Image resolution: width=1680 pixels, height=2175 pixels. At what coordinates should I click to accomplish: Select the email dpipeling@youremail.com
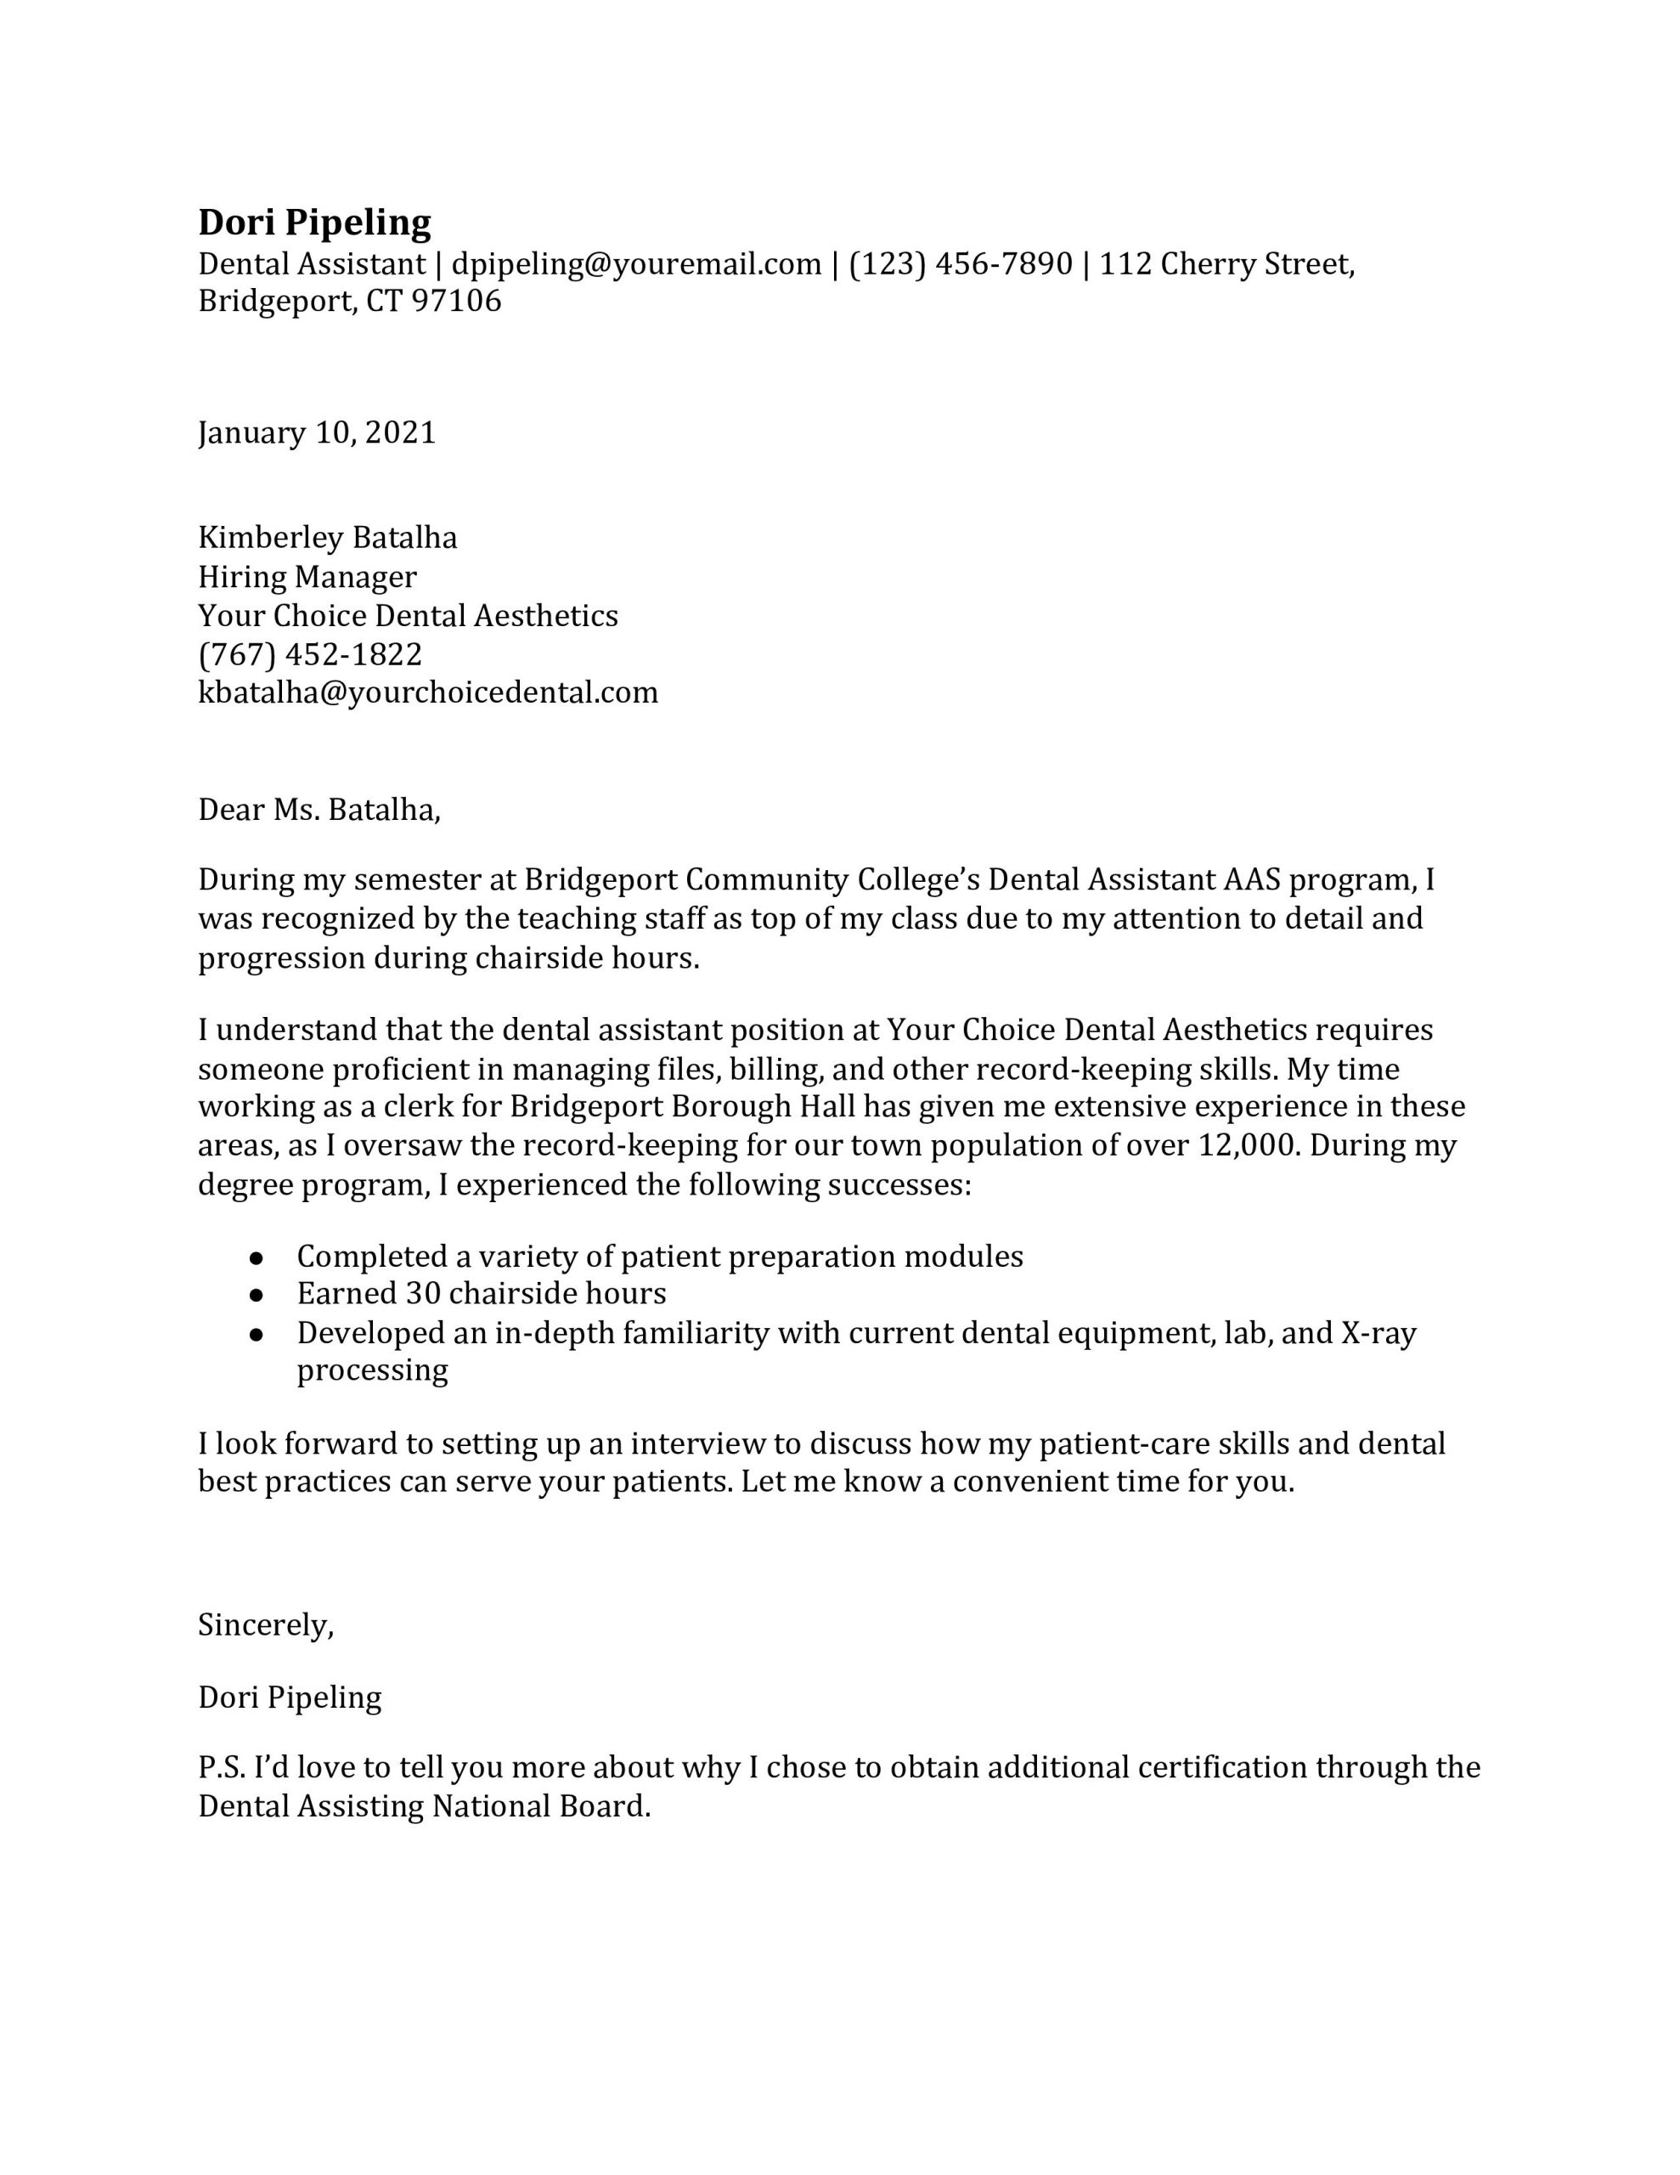coord(636,265)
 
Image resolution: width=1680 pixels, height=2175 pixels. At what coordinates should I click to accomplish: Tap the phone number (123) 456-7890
coord(960,265)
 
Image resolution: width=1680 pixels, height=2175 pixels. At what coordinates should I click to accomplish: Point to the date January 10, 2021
coord(317,433)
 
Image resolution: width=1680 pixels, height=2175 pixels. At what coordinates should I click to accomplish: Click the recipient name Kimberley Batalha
coord(328,538)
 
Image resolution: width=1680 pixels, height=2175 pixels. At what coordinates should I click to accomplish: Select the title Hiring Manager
coord(307,577)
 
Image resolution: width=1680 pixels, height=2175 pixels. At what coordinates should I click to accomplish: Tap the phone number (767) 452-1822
coord(310,654)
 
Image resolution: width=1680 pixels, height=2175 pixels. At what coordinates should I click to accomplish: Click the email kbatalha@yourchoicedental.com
coord(428,692)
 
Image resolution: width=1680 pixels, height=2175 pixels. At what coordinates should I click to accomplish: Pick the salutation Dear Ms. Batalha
coord(319,810)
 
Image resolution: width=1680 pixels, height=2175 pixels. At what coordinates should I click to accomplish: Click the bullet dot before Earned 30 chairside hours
coord(256,1296)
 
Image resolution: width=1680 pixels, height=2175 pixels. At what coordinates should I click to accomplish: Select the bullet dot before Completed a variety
coord(256,1257)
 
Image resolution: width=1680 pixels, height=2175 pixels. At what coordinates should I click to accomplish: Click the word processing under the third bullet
coord(373,1371)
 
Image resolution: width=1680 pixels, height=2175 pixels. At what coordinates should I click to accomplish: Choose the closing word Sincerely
coord(265,1625)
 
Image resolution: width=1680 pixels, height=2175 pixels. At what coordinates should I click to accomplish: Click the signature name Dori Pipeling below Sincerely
coord(290,1697)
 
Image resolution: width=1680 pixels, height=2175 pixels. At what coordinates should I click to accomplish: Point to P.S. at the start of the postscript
coord(221,1768)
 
